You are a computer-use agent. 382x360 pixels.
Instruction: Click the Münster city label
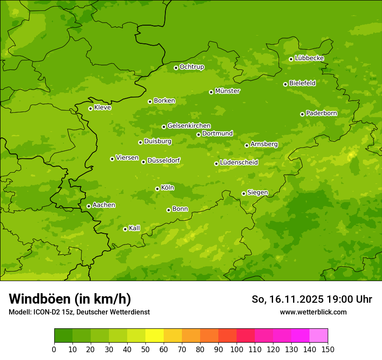pyautogui.click(x=227, y=91)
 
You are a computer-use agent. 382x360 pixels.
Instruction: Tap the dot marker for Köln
pyautogui.click(x=157, y=189)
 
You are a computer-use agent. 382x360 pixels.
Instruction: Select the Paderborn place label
pyautogui.click(x=322, y=113)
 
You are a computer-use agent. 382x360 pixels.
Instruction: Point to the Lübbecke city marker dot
pyautogui.click(x=291, y=59)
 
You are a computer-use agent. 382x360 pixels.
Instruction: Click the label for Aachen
pyautogui.click(x=104, y=205)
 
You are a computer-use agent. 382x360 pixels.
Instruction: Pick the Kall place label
pyautogui.click(x=135, y=228)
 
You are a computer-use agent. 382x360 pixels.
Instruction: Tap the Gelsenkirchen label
pyautogui.click(x=189, y=126)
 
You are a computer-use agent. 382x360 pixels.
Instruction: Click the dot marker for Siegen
pyautogui.click(x=244, y=193)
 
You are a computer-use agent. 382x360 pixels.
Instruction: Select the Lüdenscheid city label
pyautogui.click(x=239, y=163)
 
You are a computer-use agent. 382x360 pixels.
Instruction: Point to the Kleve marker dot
pyautogui.click(x=90, y=108)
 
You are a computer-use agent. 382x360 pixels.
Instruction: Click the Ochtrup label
pyautogui.click(x=192, y=67)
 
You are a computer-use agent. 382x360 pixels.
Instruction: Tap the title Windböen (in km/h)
pyautogui.click(x=69, y=299)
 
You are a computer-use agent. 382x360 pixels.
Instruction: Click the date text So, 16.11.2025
pyautogui.click(x=288, y=299)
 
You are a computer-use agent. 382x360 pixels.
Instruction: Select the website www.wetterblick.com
pyautogui.click(x=313, y=312)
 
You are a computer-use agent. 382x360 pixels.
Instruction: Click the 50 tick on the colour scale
pyautogui.click(x=145, y=350)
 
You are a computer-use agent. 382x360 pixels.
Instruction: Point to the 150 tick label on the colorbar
pyautogui.click(x=328, y=350)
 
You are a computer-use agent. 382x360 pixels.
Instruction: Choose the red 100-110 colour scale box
pyautogui.click(x=246, y=336)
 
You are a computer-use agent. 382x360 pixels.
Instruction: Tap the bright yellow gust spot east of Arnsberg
pyautogui.click(x=351, y=154)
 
